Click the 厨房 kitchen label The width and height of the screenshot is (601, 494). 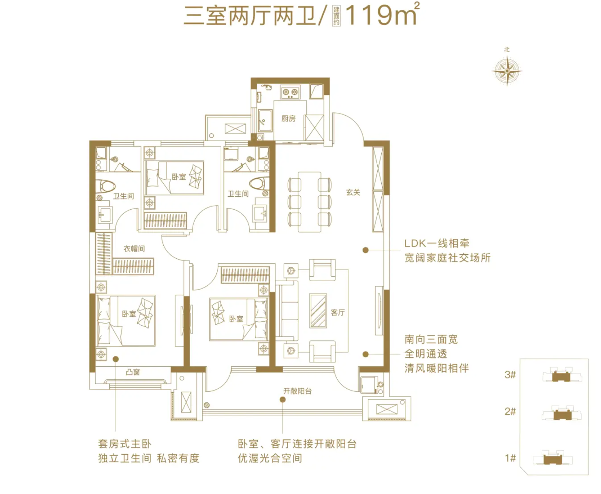point(288,118)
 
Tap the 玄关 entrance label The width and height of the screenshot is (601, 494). point(353,192)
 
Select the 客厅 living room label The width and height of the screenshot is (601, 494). point(338,312)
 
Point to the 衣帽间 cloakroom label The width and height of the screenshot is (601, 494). point(134,249)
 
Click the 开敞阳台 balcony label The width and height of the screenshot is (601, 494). point(297,391)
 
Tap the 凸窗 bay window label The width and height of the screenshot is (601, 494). point(133,372)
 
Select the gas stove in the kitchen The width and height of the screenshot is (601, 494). point(290,92)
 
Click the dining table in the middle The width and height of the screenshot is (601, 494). point(309,202)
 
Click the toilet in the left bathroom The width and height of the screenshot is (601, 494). point(105,186)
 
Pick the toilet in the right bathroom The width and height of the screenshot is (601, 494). point(259,183)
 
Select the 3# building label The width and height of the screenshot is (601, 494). point(510,374)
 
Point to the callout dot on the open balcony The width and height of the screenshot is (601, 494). point(282,399)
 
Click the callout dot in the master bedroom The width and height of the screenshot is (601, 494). point(115,359)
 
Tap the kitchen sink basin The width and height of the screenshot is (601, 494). point(265,120)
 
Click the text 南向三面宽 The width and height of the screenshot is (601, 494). point(431,339)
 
